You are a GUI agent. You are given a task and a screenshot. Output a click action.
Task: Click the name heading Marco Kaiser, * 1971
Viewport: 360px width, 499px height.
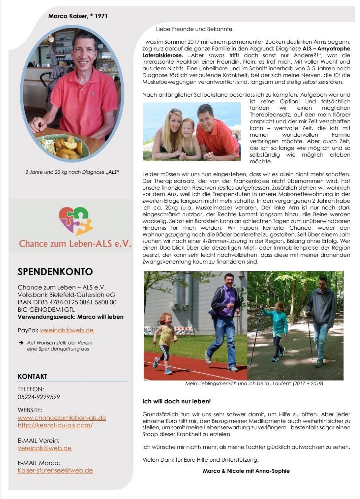[78, 16]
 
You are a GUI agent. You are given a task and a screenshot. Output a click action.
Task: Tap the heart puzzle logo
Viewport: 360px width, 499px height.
[76, 221]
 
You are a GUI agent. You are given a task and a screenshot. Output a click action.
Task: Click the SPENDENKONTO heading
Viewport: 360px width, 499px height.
[55, 272]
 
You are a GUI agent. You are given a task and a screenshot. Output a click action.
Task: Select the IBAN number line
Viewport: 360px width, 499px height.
[67, 302]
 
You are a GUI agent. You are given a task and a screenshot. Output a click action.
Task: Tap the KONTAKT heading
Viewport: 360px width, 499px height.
[32, 376]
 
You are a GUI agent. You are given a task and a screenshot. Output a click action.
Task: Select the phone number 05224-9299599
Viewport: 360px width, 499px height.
[39, 396]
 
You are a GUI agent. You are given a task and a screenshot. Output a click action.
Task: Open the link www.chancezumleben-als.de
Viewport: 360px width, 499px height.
[62, 417]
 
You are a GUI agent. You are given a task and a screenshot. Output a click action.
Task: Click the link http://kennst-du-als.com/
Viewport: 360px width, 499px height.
[55, 425]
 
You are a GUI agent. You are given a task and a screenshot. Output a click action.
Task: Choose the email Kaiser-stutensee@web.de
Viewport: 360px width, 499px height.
[55, 470]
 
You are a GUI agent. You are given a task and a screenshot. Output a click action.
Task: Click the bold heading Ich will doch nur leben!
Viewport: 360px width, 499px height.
[177, 401]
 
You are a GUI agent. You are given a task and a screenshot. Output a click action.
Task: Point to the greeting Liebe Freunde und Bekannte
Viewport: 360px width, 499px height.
[195, 30]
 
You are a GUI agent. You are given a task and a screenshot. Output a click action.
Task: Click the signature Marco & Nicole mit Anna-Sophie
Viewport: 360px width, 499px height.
[246, 471]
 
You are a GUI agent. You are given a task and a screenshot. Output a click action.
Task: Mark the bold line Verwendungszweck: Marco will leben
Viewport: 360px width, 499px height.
[70, 317]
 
